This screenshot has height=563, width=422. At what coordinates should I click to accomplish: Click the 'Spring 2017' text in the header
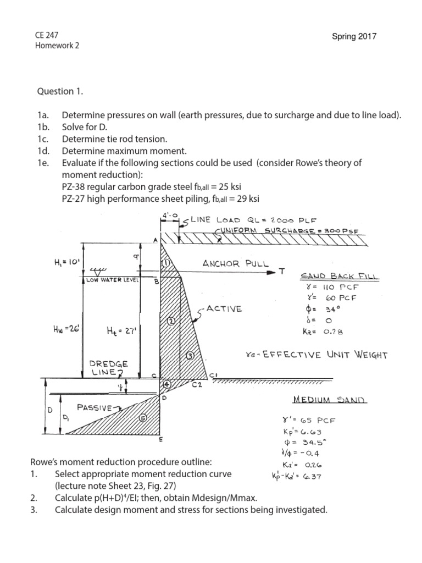click(354, 37)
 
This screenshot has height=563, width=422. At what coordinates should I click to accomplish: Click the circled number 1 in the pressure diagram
click(165, 263)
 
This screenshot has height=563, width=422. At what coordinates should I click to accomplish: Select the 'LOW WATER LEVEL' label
click(112, 280)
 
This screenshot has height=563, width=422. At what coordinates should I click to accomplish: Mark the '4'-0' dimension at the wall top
click(167, 217)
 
